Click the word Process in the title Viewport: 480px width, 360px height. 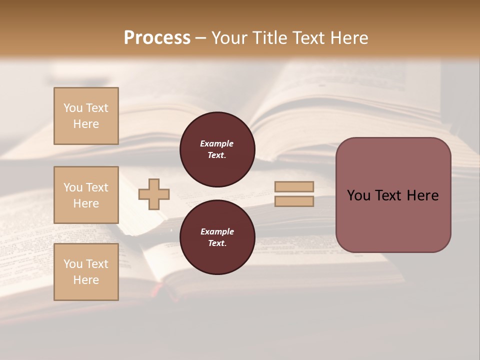point(157,38)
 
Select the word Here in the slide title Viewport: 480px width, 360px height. point(349,38)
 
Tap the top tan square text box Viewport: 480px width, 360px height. point(86,116)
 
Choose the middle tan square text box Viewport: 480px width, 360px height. point(86,195)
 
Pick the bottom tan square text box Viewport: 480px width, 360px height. point(86,272)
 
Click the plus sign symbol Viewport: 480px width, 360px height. point(154,194)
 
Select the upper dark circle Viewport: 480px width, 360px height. point(217,149)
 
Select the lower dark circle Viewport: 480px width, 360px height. point(217,237)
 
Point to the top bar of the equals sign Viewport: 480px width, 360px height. point(294,186)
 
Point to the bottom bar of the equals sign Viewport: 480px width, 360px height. point(294,201)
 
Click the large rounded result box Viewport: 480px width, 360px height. point(393,195)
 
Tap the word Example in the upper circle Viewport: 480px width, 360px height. point(216,143)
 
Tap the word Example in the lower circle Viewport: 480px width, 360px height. point(216,231)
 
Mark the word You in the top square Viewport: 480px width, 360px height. point(73,108)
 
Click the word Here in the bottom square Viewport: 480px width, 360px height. point(86,280)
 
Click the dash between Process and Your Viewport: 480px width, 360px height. point(200,38)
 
